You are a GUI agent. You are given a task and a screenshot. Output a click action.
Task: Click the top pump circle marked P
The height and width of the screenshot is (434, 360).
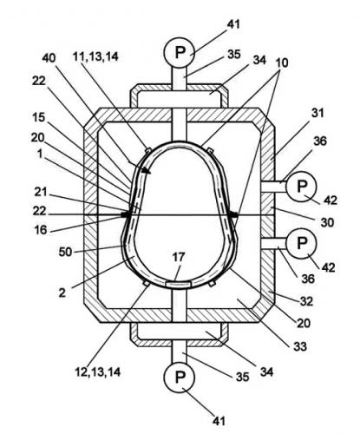[180, 53]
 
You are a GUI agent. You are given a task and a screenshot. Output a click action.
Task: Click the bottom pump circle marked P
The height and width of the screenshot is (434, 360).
[180, 377]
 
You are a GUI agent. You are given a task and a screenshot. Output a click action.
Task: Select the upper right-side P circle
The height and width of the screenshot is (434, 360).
[301, 187]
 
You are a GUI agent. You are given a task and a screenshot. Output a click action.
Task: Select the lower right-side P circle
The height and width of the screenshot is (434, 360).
[301, 243]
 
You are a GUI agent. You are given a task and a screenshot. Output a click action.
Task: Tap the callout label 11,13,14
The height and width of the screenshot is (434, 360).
[95, 56]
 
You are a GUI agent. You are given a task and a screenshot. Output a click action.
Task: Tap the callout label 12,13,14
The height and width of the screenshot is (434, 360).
[97, 372]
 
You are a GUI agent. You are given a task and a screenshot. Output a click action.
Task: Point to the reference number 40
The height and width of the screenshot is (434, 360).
[49, 58]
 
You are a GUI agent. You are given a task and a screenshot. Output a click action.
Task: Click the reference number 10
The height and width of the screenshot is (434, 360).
[281, 62]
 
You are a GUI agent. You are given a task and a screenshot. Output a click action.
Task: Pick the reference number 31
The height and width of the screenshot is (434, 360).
[317, 113]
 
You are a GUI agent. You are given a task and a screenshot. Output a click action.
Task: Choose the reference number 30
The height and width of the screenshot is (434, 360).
[327, 222]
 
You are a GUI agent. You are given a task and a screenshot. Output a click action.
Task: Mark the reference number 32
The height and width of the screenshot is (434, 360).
[306, 301]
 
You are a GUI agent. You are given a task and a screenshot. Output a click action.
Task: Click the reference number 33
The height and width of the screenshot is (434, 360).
[300, 346]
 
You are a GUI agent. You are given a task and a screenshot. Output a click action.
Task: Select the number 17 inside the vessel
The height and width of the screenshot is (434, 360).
[179, 257]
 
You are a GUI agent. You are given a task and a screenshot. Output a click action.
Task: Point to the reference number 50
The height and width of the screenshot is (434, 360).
[65, 252]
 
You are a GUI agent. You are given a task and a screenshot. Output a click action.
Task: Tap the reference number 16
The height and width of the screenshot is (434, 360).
[41, 230]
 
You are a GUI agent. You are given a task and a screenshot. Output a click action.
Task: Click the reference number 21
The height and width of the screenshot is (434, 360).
[41, 192]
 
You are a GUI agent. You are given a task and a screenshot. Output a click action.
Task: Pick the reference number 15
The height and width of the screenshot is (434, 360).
[39, 117]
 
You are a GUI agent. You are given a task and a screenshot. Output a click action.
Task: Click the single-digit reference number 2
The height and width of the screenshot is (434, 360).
[62, 293]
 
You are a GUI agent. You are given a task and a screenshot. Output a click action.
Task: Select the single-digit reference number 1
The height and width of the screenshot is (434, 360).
[39, 155]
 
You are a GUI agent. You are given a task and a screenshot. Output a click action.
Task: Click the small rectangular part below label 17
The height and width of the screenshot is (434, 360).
[179, 285]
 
